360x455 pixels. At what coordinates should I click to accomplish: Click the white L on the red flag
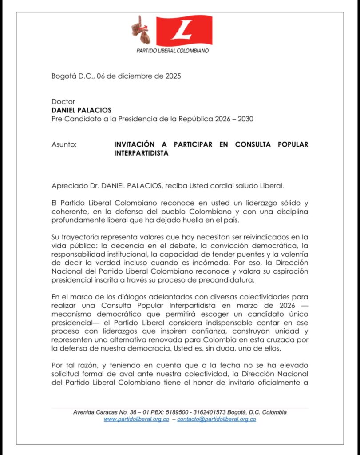(x=183, y=29)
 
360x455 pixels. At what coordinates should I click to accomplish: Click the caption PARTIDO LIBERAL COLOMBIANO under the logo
(x=173, y=51)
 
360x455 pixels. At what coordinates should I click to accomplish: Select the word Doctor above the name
(x=63, y=102)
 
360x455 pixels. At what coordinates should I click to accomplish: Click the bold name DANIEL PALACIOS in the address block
(x=82, y=110)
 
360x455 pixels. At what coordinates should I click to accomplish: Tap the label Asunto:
(x=64, y=144)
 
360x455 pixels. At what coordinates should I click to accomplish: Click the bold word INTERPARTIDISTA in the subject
(x=142, y=153)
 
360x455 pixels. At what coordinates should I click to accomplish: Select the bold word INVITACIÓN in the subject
(x=135, y=144)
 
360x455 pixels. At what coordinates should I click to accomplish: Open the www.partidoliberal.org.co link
(x=136, y=419)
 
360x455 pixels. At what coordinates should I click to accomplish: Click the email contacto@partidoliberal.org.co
(x=217, y=419)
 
